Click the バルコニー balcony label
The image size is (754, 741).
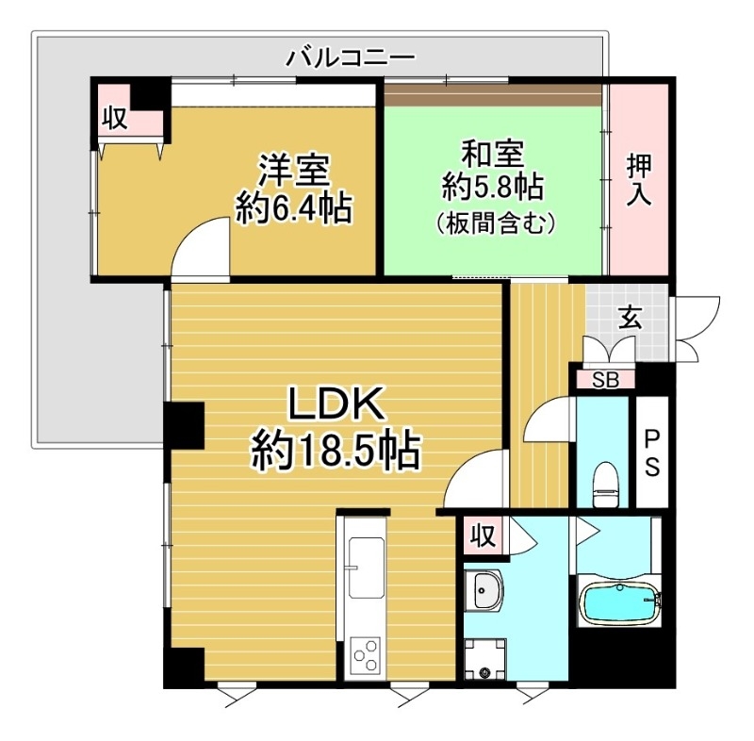351,58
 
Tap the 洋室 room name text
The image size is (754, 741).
294,171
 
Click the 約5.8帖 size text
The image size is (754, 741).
492,187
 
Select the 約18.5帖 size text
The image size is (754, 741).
336,453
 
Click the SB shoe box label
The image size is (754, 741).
604,380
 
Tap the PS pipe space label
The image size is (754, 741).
652,453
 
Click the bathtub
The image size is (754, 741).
619,604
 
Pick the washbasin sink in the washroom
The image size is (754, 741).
484,592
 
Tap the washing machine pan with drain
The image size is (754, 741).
485,659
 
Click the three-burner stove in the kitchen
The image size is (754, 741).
365,652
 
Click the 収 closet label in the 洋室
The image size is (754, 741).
115,119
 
